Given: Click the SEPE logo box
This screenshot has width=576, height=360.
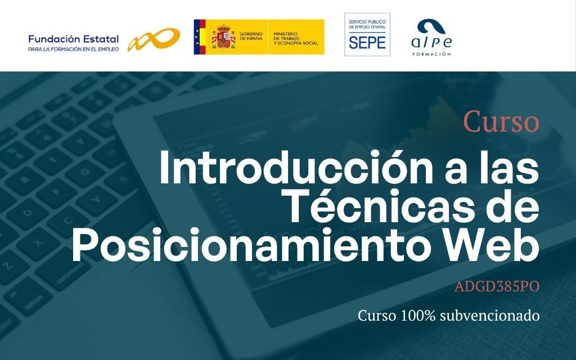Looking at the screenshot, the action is coord(367,34).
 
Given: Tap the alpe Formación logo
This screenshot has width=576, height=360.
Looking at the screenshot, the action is coord(431,38).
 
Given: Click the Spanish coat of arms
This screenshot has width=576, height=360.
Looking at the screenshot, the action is coord(223,37).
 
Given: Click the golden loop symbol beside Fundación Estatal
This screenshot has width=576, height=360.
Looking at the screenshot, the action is coord(154,39).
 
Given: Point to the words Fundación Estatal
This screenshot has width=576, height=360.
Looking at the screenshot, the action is coord(74,39).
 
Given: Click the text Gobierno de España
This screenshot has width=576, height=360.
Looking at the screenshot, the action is coord(251,36).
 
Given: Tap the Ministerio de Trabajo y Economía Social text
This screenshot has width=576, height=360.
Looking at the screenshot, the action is coord(296,38).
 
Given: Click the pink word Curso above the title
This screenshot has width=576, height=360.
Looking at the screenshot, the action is coord(501,121).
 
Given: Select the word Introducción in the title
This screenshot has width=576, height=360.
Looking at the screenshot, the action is coord(296,168).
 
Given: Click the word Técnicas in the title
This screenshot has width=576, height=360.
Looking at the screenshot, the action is coord(383,205).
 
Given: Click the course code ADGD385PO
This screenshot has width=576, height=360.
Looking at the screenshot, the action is coord(497,286).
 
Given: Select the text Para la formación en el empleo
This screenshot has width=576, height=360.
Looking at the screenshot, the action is coord(74,49).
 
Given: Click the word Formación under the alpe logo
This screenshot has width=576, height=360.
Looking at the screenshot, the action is coord(431,54).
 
